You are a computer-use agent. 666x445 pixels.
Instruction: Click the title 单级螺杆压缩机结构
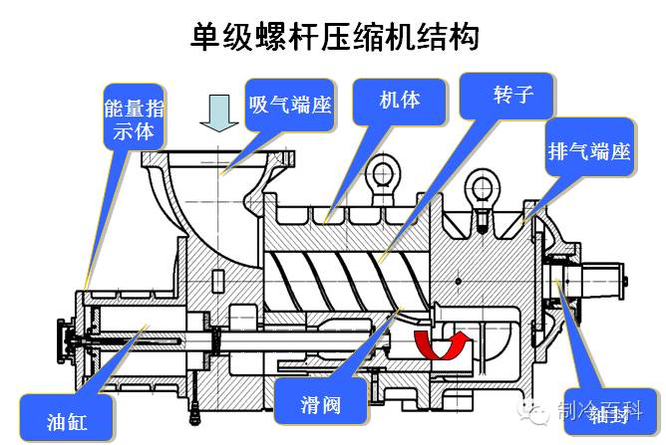click(334, 36)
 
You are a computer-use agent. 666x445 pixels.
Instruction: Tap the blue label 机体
click(398, 100)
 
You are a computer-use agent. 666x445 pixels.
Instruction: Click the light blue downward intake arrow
click(216, 113)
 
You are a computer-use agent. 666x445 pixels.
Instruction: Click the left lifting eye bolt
click(383, 180)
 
